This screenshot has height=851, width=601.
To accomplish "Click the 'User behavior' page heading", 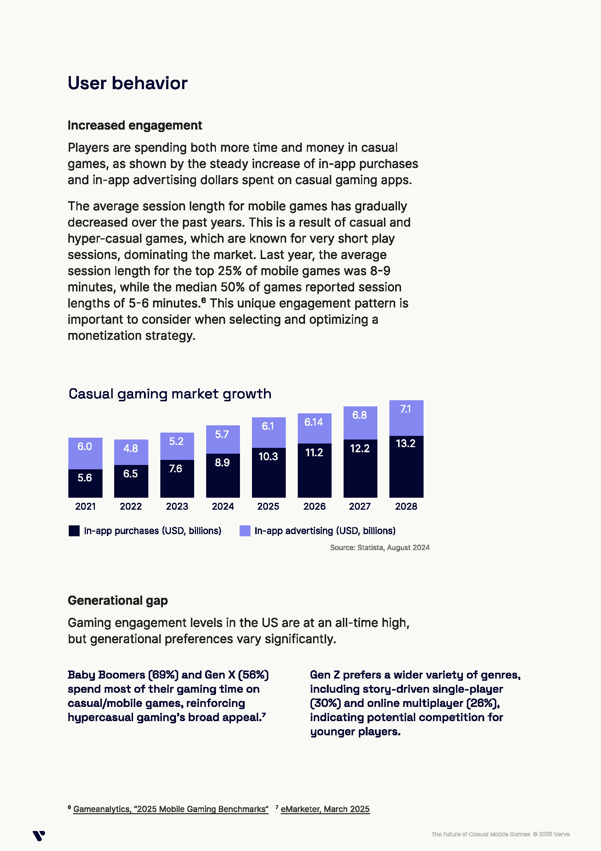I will pyautogui.click(x=127, y=83).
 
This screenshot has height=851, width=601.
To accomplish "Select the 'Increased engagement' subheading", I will pyautogui.click(x=135, y=125).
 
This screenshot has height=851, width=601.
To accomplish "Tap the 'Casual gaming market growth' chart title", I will pyautogui.click(x=170, y=394).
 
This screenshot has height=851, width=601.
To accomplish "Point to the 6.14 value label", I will pyautogui.click(x=314, y=422).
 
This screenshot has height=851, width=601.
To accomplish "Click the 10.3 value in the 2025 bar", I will pyautogui.click(x=268, y=456).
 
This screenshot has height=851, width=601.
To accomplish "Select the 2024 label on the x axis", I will pyautogui.click(x=223, y=506).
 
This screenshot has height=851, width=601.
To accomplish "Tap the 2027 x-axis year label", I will pyautogui.click(x=360, y=506).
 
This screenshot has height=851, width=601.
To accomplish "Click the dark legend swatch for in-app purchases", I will pyautogui.click(x=74, y=531).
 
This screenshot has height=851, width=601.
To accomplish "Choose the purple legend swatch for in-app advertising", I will pyautogui.click(x=245, y=531).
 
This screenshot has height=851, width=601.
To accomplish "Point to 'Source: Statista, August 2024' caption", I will pyautogui.click(x=380, y=548).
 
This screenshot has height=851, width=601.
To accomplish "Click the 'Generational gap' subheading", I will pyautogui.click(x=118, y=600).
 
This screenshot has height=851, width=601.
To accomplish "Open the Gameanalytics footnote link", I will pyautogui.click(x=171, y=809).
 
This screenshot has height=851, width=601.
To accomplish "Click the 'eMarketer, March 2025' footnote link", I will pyautogui.click(x=325, y=809).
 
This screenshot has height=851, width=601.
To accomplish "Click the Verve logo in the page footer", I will pyautogui.click(x=39, y=836).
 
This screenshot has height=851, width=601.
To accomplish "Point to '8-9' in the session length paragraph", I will pyautogui.click(x=380, y=271).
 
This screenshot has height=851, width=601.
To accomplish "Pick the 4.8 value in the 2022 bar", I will pyautogui.click(x=131, y=449).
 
